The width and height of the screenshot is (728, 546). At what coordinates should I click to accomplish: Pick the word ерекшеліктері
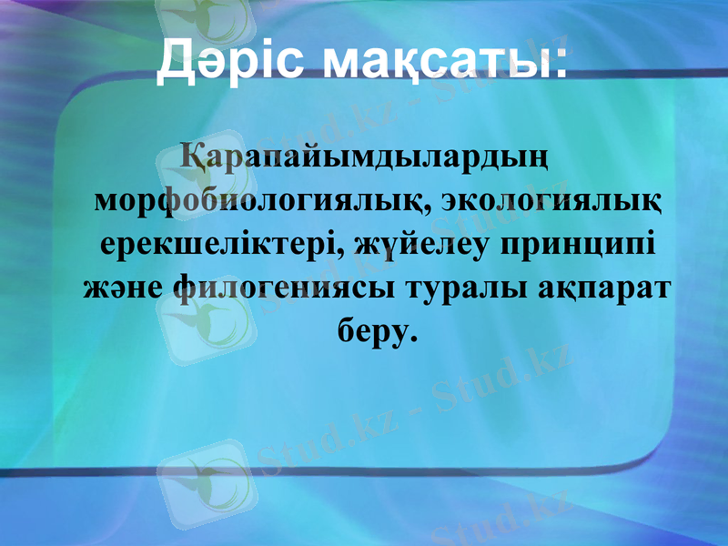click(x=217, y=246)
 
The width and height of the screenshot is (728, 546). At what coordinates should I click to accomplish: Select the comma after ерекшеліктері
click(x=339, y=255)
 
